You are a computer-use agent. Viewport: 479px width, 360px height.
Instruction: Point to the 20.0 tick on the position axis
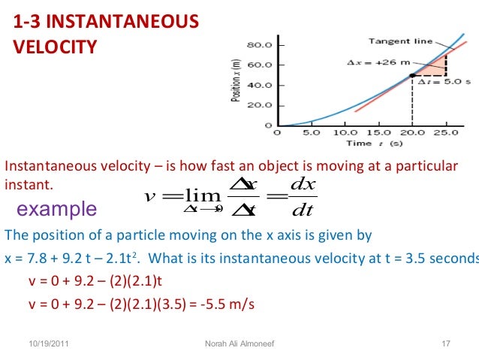click(x=260, y=105)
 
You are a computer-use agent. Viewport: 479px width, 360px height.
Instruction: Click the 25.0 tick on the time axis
click(x=447, y=133)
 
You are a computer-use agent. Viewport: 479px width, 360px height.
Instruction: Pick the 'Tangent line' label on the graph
click(x=400, y=41)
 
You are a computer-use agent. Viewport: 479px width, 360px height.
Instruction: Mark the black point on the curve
click(x=412, y=76)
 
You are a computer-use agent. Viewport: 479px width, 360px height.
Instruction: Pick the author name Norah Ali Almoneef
click(x=239, y=344)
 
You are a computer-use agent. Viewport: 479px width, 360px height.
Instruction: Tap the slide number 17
click(x=444, y=344)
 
